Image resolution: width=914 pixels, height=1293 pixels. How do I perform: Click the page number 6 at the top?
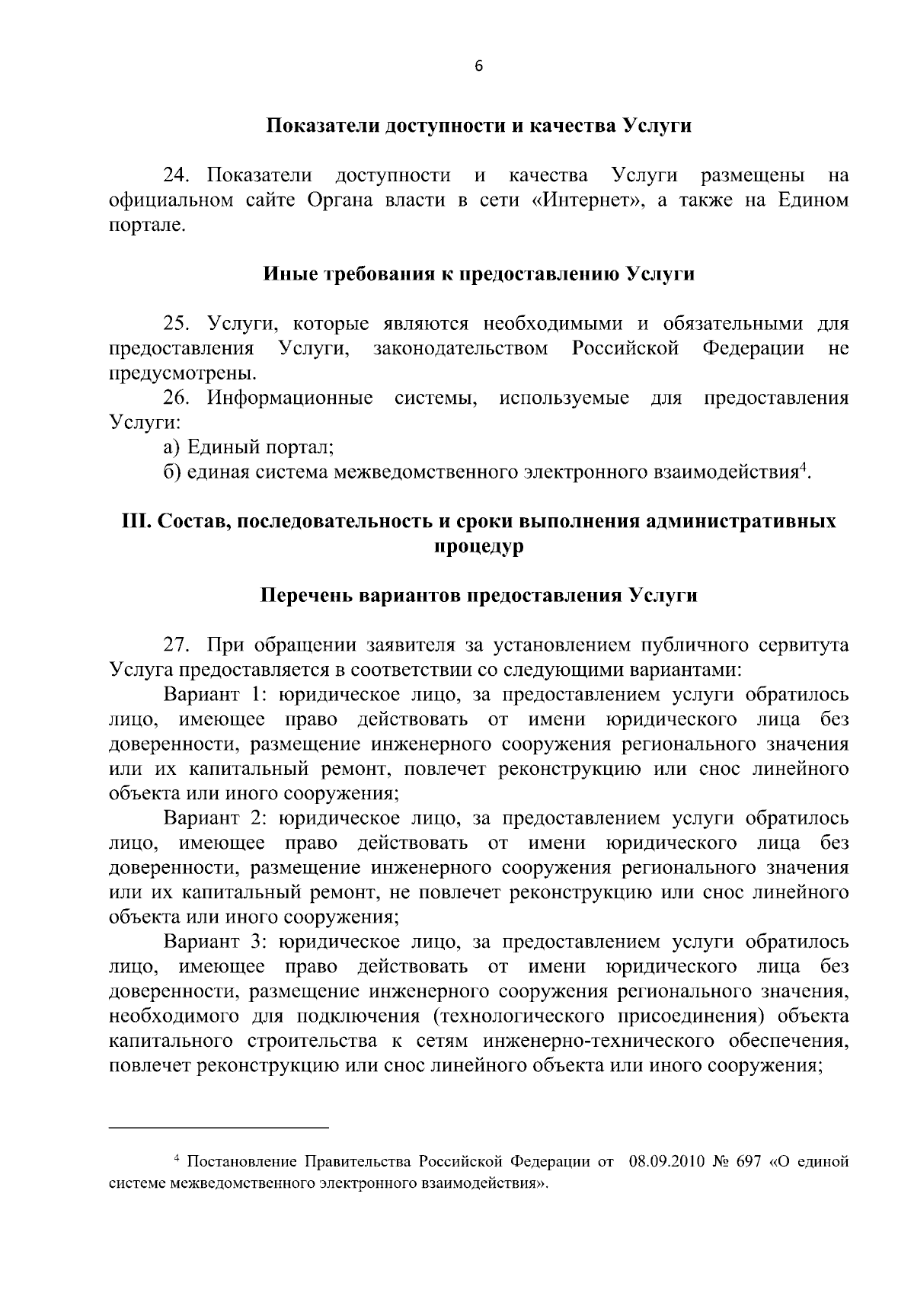point(478,66)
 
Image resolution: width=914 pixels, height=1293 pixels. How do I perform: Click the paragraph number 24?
point(177,176)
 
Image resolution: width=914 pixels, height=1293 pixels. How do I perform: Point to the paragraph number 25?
point(177,324)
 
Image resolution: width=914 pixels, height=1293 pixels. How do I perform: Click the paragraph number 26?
point(177,398)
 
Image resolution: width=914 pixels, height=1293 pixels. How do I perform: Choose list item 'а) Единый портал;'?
point(249,447)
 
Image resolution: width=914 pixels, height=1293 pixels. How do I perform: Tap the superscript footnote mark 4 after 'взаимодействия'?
point(802,466)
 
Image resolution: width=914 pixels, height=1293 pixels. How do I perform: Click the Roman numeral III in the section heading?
point(136,522)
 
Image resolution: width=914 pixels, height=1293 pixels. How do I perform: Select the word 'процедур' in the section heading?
point(478,547)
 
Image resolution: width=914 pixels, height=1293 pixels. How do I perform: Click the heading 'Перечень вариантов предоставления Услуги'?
point(478,595)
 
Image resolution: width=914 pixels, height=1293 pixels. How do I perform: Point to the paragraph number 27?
point(177,645)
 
